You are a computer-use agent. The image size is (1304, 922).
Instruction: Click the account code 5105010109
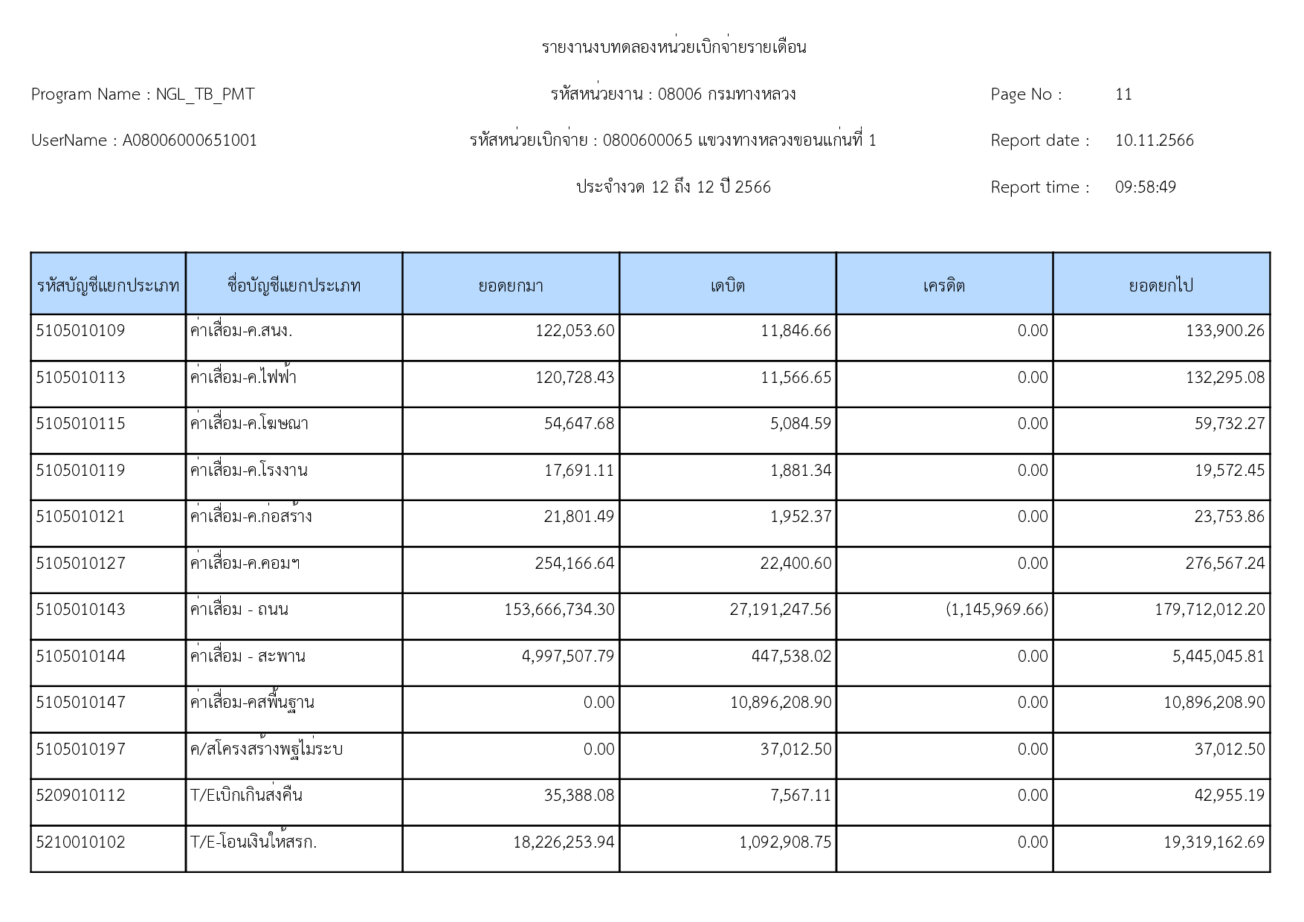point(80,331)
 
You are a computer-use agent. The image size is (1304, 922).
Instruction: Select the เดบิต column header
point(727,286)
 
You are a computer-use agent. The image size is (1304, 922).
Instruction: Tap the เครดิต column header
point(943,286)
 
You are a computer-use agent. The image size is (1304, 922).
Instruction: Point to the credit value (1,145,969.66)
point(996,610)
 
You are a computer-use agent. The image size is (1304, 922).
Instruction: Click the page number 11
point(1123,94)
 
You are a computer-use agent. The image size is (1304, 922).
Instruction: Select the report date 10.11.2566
point(1154,141)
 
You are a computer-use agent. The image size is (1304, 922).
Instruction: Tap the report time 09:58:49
point(1145,187)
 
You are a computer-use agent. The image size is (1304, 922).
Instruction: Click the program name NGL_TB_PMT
point(204,94)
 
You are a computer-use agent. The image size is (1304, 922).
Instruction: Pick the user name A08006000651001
point(190,141)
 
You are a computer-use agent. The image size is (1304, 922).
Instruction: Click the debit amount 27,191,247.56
point(780,610)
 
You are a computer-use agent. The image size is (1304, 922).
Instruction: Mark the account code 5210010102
point(80,842)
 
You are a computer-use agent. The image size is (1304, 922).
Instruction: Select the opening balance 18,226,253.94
point(564,842)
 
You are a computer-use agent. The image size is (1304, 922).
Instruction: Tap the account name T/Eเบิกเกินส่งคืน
point(246,796)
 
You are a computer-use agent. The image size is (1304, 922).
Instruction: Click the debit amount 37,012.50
point(795,749)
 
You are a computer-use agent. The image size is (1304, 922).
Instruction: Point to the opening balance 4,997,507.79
point(568,657)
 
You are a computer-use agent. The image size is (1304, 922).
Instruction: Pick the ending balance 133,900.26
point(1224,331)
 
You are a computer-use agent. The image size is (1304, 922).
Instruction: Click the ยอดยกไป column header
point(1161,286)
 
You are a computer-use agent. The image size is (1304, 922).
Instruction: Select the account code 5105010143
point(80,610)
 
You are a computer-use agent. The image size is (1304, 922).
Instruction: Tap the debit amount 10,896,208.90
point(780,703)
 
